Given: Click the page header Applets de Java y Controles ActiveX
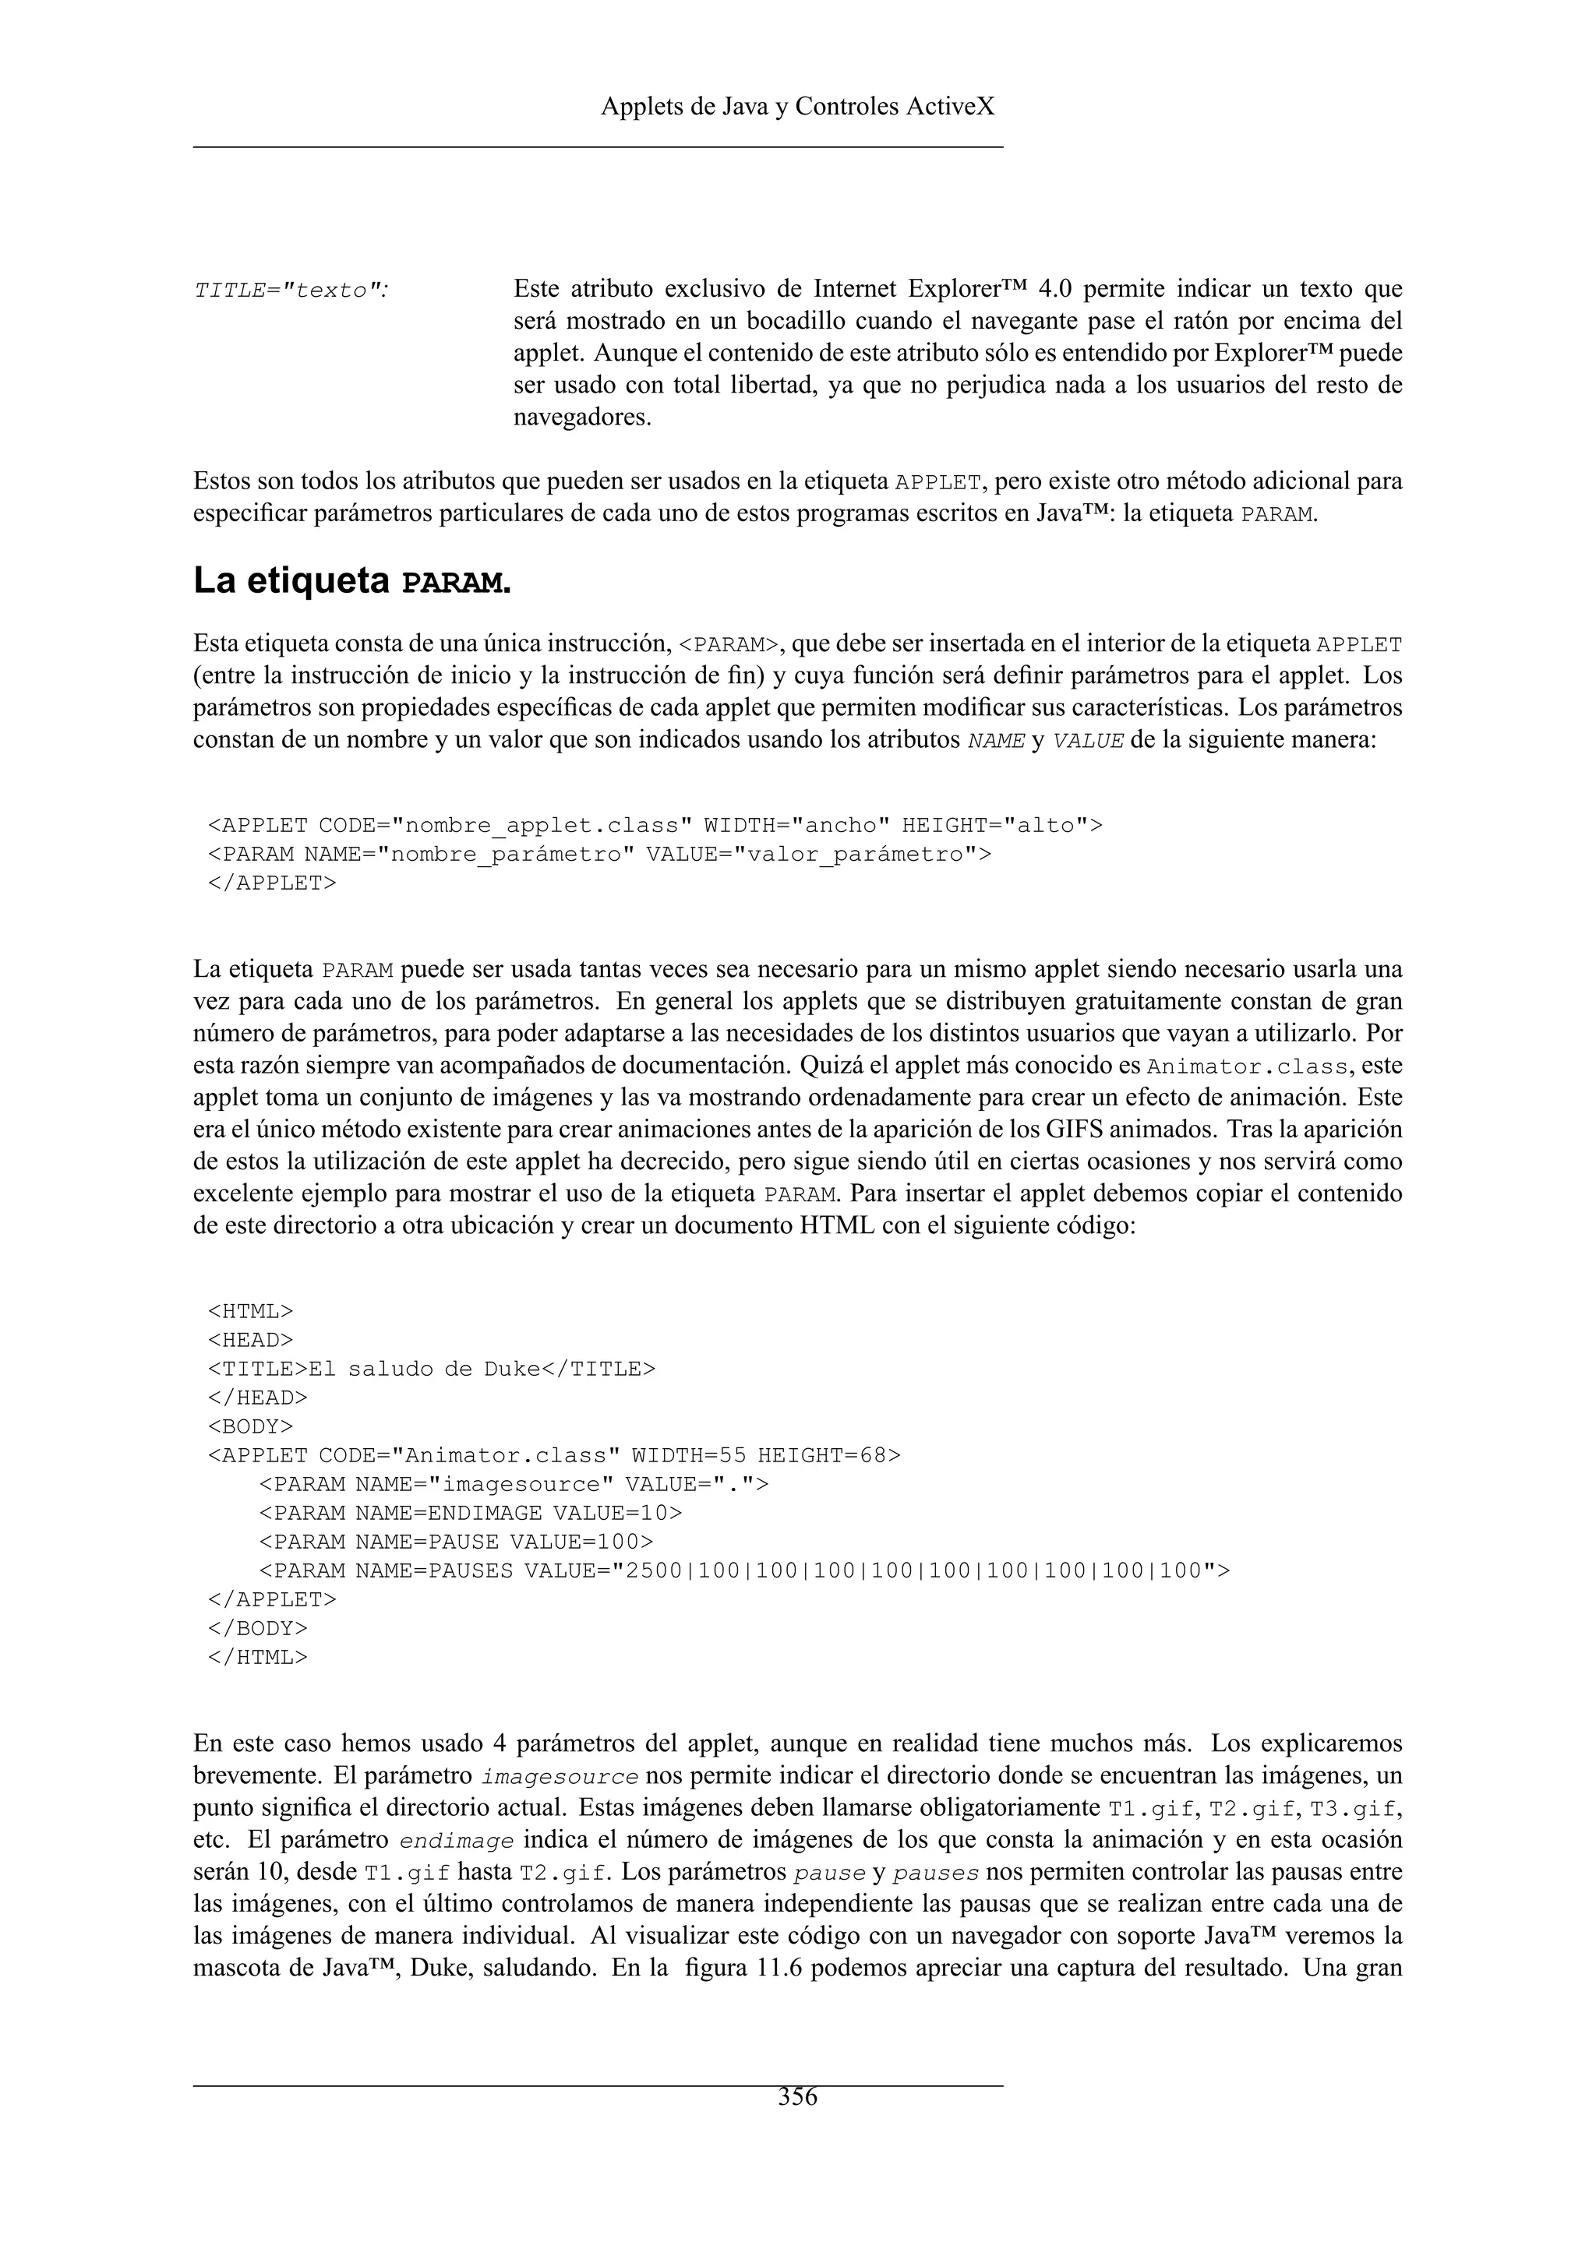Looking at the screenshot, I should coord(797,106).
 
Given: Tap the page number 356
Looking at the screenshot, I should coord(797,2097).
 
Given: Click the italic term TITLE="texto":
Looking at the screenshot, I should coord(291,291).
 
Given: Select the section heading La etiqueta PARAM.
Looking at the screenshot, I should coord(351,582).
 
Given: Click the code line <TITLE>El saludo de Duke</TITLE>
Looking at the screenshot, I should coord(430,1369).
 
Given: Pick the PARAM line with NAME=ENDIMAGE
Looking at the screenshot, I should coord(470,1512).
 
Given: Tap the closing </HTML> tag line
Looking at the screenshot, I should coord(257,1657).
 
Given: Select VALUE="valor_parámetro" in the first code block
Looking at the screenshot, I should coord(817,854).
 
